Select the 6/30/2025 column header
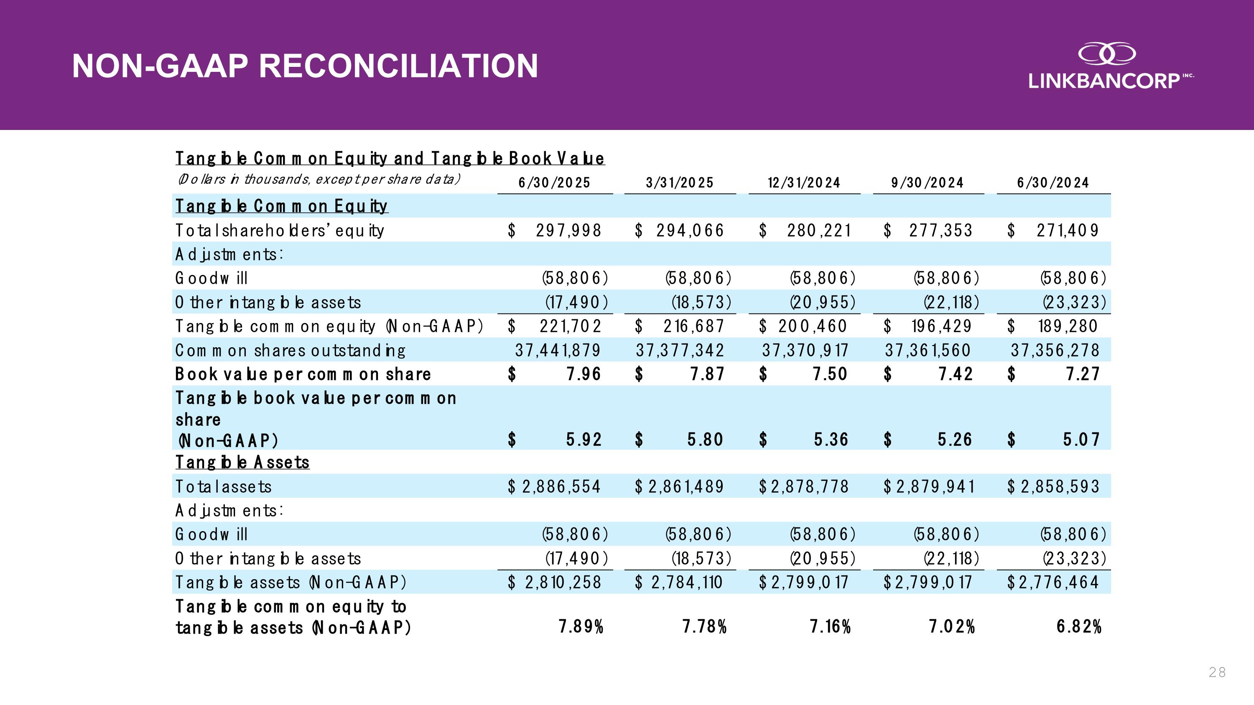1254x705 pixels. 554,183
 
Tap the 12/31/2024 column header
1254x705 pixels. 804,183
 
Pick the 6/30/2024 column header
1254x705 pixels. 1053,183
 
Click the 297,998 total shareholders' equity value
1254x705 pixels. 568,230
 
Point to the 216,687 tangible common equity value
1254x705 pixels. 693,326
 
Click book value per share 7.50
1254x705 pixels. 831,374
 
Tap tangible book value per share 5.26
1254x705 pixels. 955,440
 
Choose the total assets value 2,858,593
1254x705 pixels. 1060,486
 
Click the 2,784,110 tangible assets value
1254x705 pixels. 686,583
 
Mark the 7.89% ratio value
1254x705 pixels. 581,627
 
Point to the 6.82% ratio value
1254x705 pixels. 1079,627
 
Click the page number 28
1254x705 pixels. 1217,672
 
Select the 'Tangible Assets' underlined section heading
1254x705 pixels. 242,462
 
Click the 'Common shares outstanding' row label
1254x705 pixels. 290,350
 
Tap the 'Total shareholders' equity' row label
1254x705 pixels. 279,230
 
